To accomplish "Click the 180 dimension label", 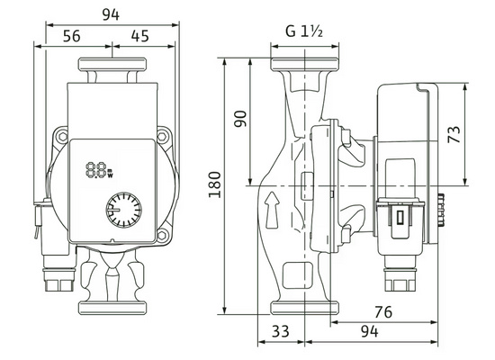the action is point(214,184).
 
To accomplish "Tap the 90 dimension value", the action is point(240,119).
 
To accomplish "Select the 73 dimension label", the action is point(454,134).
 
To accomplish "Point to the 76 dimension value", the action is point(383,312).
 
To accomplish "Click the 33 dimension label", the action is point(280,331).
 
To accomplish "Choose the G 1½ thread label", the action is point(304,31).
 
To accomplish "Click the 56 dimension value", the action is point(72,36).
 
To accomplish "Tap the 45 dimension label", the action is point(139,36).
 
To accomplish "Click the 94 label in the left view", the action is point(111,14).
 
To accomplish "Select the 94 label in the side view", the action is point(369,331).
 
